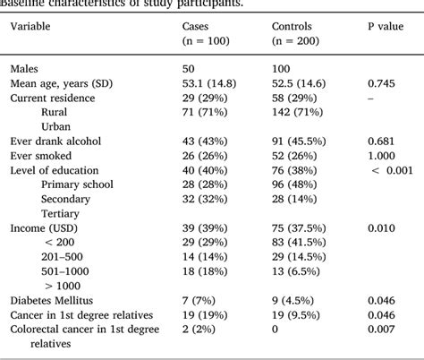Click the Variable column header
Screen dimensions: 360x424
(30, 26)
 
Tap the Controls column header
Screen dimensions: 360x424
(292, 26)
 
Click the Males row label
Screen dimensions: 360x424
(25, 68)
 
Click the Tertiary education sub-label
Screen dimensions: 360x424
(61, 212)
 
